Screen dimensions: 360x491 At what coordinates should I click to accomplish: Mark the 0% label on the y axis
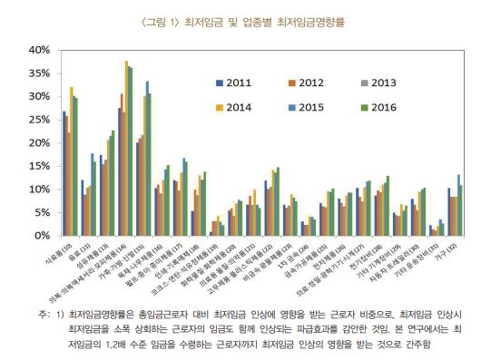pyautogui.click(x=42, y=236)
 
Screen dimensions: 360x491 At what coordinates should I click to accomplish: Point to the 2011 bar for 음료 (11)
pyautogui.click(x=82, y=208)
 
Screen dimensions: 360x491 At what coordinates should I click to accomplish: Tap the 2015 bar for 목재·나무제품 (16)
pyautogui.click(x=148, y=159)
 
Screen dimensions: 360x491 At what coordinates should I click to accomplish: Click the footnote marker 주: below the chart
pyautogui.click(x=44, y=313)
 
